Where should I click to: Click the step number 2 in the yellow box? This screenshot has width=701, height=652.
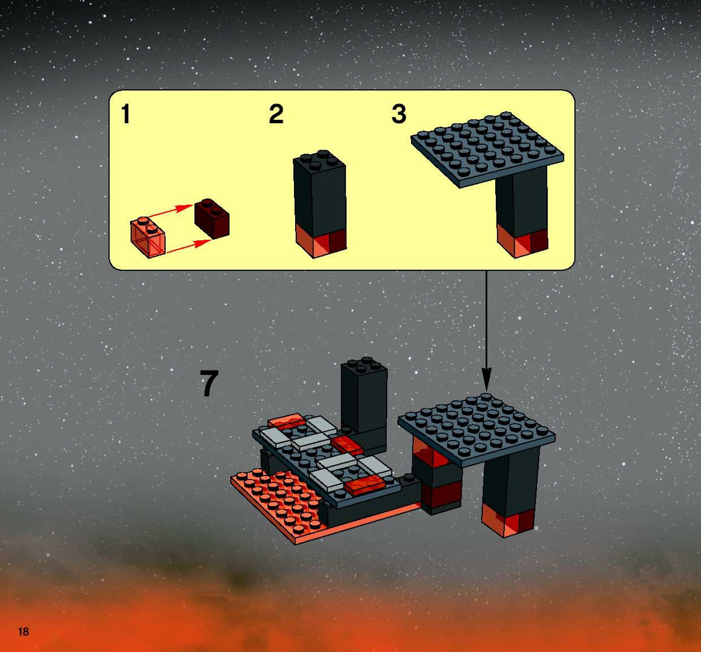pyautogui.click(x=276, y=114)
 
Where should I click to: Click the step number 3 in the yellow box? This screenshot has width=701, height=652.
pyautogui.click(x=399, y=114)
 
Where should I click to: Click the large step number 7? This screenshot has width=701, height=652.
pyautogui.click(x=209, y=383)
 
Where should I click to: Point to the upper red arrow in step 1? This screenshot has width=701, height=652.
pyautogui.click(x=171, y=211)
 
